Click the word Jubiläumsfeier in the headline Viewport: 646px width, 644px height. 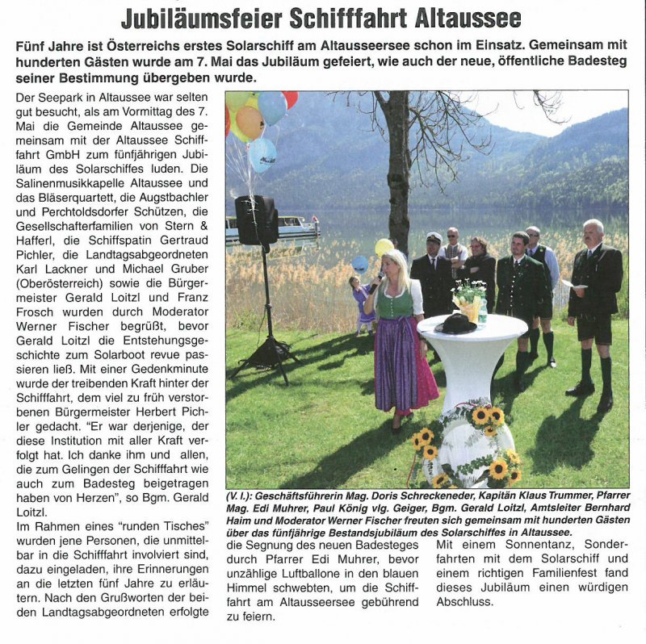[x=203, y=18]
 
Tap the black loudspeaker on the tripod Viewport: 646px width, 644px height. [x=256, y=220]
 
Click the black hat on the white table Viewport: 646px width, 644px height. [x=455, y=323]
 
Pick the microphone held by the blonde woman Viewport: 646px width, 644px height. [x=377, y=282]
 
